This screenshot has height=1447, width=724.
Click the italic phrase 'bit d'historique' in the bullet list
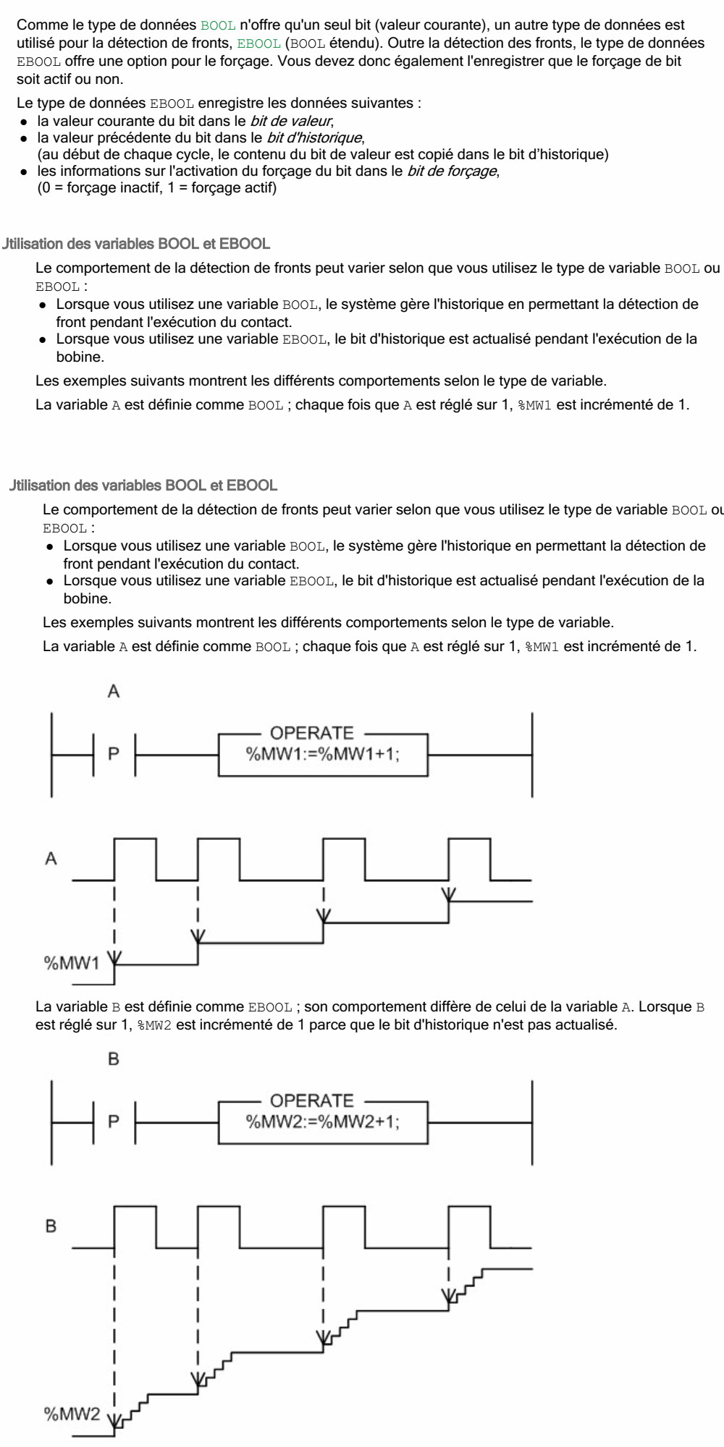313,137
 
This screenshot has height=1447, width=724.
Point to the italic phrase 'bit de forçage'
452,171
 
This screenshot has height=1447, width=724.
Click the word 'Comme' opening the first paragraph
37,26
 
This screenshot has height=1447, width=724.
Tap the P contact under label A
114,754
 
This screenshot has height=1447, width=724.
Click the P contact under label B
114,1121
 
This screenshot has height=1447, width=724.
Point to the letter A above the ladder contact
114,692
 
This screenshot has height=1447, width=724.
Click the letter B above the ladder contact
114,1059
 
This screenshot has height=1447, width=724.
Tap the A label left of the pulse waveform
51,859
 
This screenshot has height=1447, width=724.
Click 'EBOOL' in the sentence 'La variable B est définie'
270,1008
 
